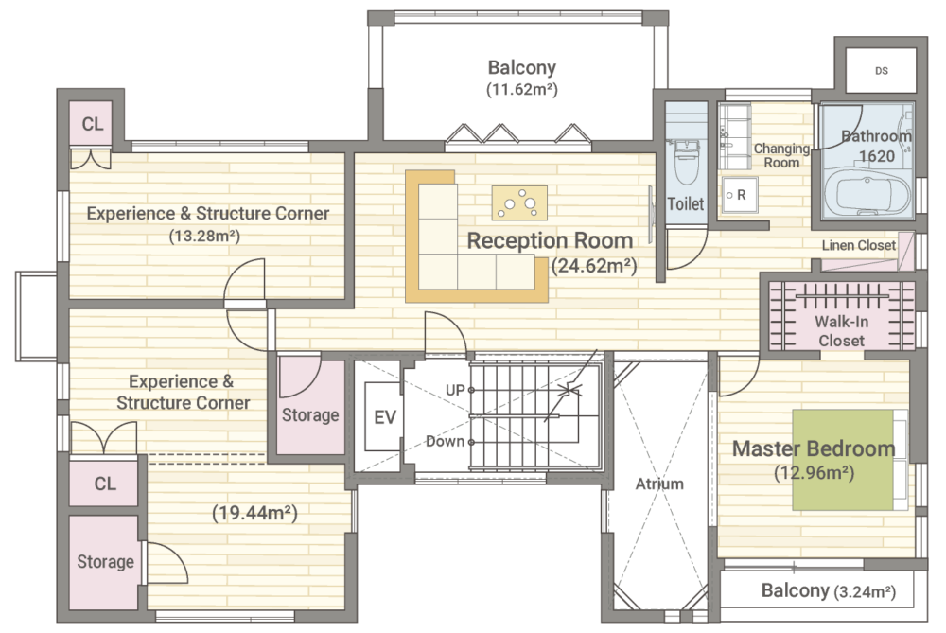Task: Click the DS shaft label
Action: pyautogui.click(x=882, y=71)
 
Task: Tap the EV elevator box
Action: pyautogui.click(x=384, y=416)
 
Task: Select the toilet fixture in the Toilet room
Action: pyautogui.click(x=686, y=161)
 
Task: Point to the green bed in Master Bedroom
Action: pyautogui.click(x=843, y=460)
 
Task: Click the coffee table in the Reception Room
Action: pyautogui.click(x=519, y=202)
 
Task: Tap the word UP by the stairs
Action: pyautogui.click(x=455, y=390)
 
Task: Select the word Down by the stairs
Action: pyautogui.click(x=446, y=441)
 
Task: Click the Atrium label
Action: pyautogui.click(x=659, y=484)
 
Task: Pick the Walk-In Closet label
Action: pyautogui.click(x=842, y=330)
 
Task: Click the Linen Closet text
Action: pyautogui.click(x=859, y=245)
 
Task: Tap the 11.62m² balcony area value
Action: pyautogui.click(x=522, y=89)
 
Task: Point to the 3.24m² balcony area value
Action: pyautogui.click(x=865, y=592)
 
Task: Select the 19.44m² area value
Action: pyautogui.click(x=254, y=513)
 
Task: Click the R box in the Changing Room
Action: pyautogui.click(x=740, y=195)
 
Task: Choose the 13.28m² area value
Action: pyautogui.click(x=204, y=236)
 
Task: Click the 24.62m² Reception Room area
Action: pyautogui.click(x=594, y=266)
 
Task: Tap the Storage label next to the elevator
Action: pyautogui.click(x=310, y=415)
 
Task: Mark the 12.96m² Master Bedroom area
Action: pyautogui.click(x=814, y=472)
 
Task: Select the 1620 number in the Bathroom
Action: pyautogui.click(x=877, y=156)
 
